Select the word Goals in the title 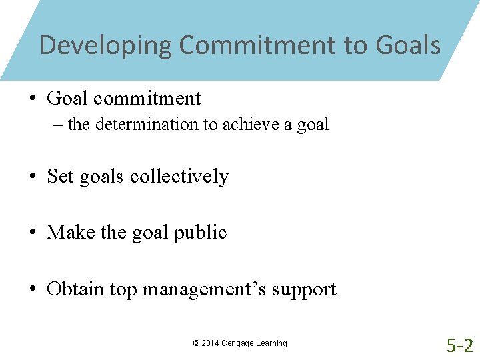(408, 46)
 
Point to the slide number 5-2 (460, 345)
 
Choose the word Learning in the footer (273, 343)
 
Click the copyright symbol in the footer (196, 343)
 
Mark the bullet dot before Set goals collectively (32, 177)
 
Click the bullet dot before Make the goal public (32, 233)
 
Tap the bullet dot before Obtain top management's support (32, 289)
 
